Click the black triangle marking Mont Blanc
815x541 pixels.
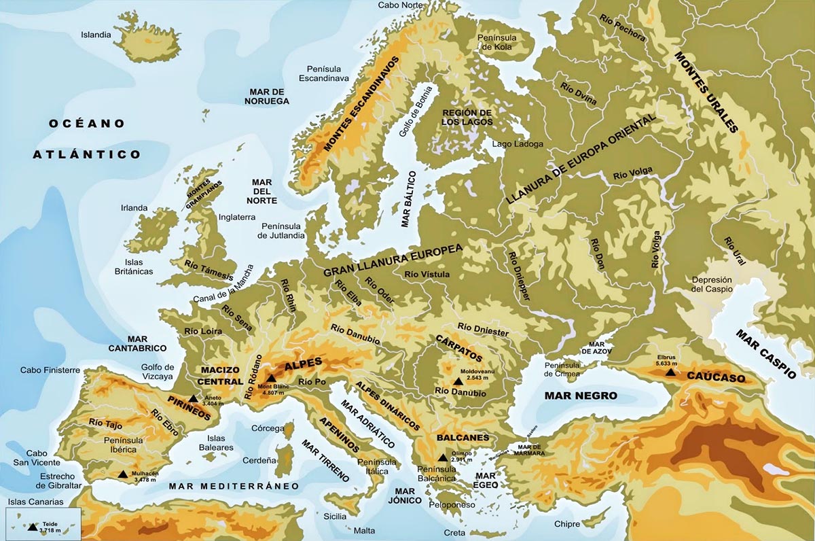(271, 379)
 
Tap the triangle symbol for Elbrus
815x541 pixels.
(670, 372)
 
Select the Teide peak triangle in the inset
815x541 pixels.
(33, 527)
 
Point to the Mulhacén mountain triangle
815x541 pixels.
(122, 474)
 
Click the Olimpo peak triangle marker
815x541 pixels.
(443, 457)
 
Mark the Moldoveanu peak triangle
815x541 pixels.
(448, 382)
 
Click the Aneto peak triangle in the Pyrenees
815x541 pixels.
(194, 398)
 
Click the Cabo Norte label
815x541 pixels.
(400, 5)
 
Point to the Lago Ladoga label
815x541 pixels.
(518, 144)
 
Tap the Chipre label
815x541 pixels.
(567, 524)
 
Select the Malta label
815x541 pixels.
(365, 530)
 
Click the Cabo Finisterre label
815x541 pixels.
(50, 370)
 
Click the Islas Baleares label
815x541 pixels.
(220, 443)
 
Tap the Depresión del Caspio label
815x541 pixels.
(712, 284)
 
